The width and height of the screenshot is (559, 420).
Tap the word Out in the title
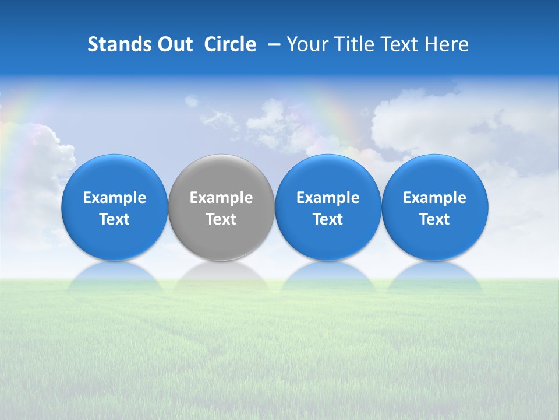tap(174, 44)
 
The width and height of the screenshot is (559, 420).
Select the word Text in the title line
tap(399, 44)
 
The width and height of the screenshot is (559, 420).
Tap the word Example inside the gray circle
tap(221, 198)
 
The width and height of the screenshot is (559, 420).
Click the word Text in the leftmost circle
tap(115, 219)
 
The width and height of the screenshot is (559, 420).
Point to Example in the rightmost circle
tap(435, 198)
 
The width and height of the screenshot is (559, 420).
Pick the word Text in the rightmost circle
tap(435, 219)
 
